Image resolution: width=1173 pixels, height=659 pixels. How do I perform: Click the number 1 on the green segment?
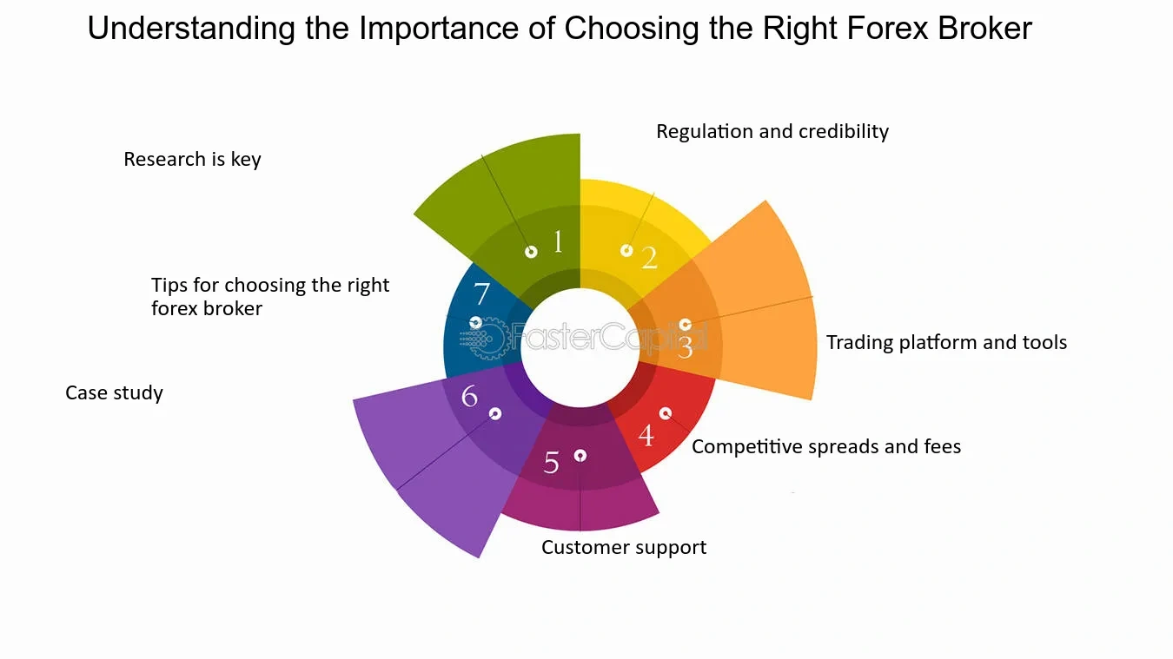click(558, 242)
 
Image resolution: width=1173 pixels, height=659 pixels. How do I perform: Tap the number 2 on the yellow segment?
click(649, 258)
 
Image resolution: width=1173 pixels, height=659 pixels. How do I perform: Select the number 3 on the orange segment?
click(685, 347)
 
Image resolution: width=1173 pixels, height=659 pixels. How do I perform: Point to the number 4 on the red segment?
click(646, 436)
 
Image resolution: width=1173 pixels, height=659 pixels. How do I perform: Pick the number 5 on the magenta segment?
click(551, 462)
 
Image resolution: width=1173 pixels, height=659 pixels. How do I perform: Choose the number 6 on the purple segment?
click(469, 396)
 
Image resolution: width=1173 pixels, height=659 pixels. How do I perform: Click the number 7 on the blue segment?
click(481, 293)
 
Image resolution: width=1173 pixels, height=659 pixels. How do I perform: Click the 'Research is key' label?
click(192, 159)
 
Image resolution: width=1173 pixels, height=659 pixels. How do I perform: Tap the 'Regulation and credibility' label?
click(772, 131)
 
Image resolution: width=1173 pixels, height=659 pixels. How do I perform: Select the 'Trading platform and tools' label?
click(946, 342)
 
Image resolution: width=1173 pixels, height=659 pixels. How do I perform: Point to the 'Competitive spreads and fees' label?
click(826, 446)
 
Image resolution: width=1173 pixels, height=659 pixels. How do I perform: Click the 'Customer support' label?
click(624, 548)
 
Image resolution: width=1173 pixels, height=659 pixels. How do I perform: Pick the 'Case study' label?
click(114, 392)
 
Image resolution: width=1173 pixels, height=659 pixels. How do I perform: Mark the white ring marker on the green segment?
click(531, 253)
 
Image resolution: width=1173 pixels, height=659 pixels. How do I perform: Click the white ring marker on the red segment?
click(665, 414)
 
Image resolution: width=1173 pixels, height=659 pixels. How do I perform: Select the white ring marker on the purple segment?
click(495, 414)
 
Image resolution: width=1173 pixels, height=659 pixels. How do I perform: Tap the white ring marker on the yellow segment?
click(626, 251)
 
